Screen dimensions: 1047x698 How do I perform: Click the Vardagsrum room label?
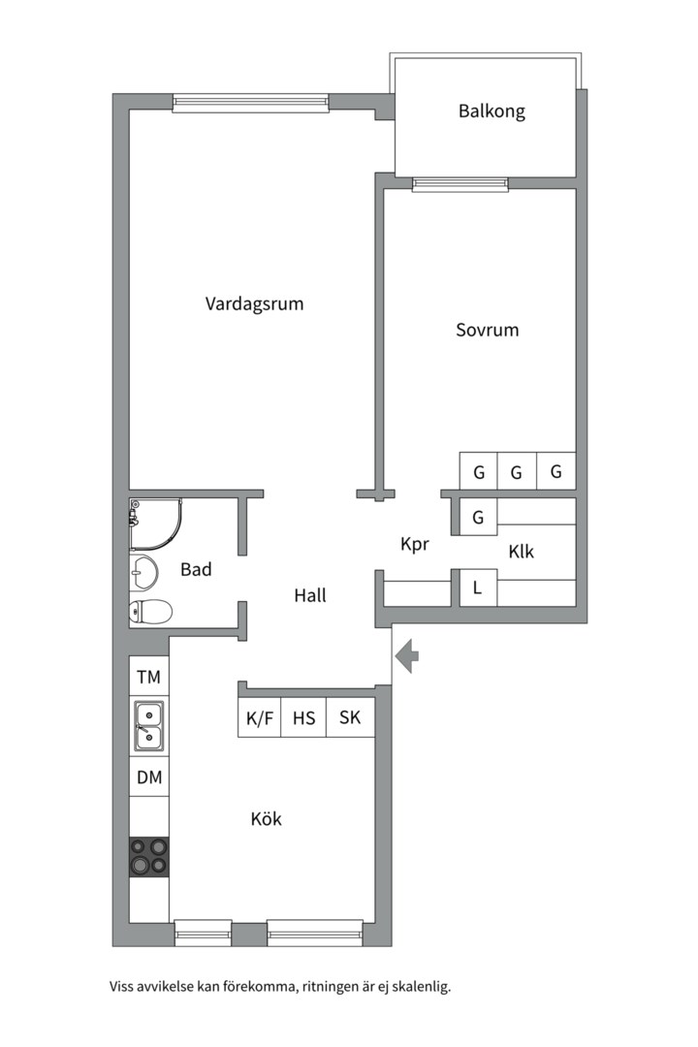tap(254, 303)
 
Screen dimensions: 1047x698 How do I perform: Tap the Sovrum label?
tap(488, 330)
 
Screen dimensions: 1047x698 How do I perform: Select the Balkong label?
tap(492, 111)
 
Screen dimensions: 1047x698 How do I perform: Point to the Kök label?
tap(266, 819)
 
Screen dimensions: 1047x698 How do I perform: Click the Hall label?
tap(310, 595)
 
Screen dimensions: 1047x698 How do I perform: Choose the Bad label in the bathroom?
tap(196, 570)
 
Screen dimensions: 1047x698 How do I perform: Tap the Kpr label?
tap(415, 545)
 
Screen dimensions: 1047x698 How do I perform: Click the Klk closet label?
tap(522, 552)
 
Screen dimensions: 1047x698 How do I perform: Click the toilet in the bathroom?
tap(150, 612)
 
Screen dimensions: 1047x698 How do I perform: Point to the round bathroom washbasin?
tap(145, 573)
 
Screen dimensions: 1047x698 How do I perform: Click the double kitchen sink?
tap(148, 726)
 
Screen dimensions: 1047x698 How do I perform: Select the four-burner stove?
tap(148, 856)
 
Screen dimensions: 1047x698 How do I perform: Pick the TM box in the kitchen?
tap(148, 677)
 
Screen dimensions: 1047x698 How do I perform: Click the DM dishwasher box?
tap(148, 777)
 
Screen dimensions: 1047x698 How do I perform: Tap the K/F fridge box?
tap(260, 718)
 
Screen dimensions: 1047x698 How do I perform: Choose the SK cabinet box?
tap(350, 718)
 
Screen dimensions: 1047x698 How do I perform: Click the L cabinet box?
tap(478, 587)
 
